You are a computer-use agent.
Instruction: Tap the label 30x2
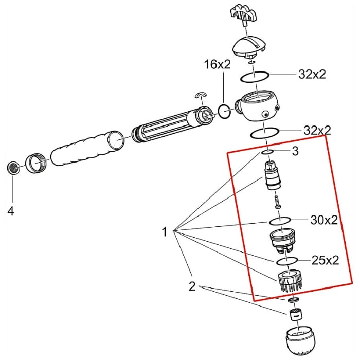coord(324,220)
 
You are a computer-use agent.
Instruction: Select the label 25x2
coord(326,260)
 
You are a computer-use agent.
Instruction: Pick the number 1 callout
coord(165,232)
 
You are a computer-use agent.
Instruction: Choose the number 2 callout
coord(192,287)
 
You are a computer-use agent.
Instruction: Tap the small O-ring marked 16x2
coord(224,111)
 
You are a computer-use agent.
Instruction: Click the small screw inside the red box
coord(276,200)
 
